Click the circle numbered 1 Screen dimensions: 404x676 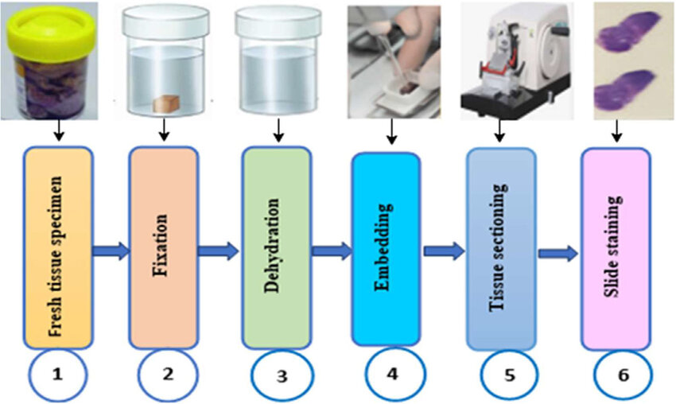tap(58, 375)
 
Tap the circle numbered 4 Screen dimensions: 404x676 tap(392, 374)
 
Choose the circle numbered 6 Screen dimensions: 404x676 tap(622, 375)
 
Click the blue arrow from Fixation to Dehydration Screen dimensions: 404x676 tap(217, 251)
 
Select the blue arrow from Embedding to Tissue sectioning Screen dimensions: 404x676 tap(444, 251)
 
